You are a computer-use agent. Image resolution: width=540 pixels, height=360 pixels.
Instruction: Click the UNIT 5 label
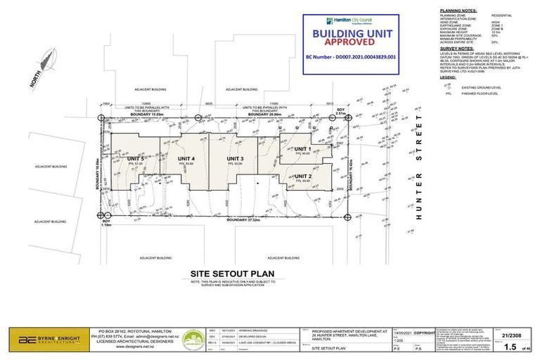[136, 159]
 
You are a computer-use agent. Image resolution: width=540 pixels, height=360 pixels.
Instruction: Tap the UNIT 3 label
[235, 159]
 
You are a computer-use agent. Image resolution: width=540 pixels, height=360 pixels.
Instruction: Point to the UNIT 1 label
[302, 149]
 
